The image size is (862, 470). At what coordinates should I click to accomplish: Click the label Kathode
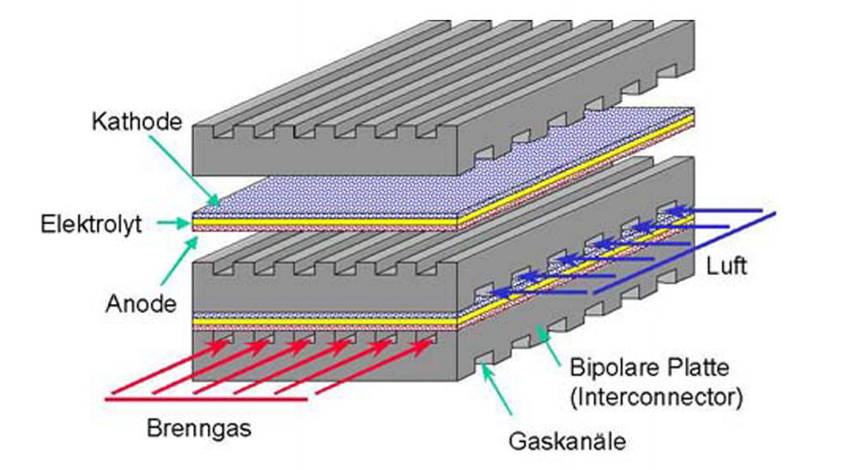(137, 121)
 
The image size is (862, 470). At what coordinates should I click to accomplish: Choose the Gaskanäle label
(565, 443)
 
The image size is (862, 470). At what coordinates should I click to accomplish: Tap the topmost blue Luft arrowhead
(675, 209)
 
